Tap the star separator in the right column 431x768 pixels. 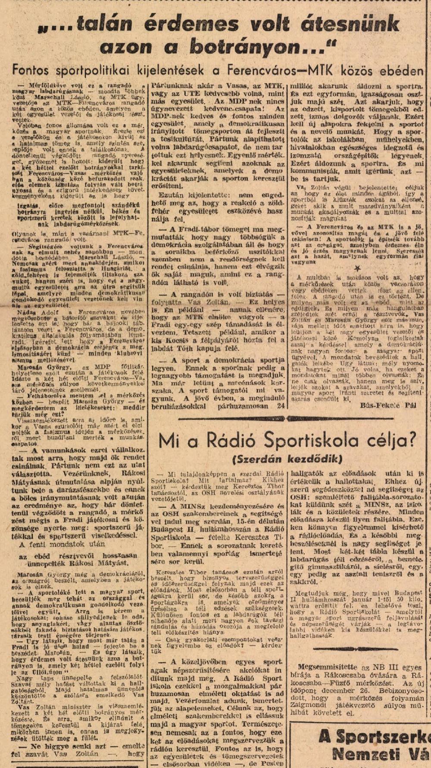tap(356, 267)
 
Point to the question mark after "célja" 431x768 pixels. tap(411, 440)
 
